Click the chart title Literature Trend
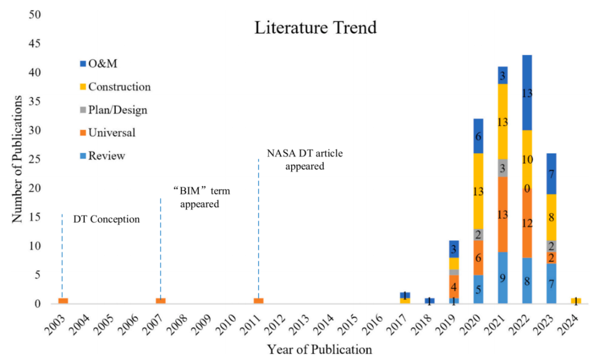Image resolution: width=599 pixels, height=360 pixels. point(315,28)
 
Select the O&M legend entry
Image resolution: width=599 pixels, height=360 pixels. point(102,64)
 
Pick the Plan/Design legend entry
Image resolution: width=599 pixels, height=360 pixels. point(118,110)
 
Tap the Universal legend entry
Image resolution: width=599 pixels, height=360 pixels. point(111,133)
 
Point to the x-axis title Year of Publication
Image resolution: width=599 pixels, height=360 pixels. point(319,350)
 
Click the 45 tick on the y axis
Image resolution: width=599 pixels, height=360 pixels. point(37,44)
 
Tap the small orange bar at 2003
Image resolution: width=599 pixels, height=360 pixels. point(63,301)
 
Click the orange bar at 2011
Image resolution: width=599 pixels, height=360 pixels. point(258,301)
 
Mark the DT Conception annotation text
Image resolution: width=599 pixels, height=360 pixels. point(106,220)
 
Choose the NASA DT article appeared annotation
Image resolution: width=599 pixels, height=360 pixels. point(304,159)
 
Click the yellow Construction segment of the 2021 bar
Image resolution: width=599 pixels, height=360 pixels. point(502,121)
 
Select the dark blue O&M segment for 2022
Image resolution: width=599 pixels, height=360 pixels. point(527,93)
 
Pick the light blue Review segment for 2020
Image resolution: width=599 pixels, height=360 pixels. point(478,289)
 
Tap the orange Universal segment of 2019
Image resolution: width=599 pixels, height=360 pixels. point(454,286)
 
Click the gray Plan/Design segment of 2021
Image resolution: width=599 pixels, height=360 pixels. point(502,168)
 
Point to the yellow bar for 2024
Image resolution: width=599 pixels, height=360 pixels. point(576,301)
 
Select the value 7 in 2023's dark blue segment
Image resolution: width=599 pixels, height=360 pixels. point(551,174)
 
